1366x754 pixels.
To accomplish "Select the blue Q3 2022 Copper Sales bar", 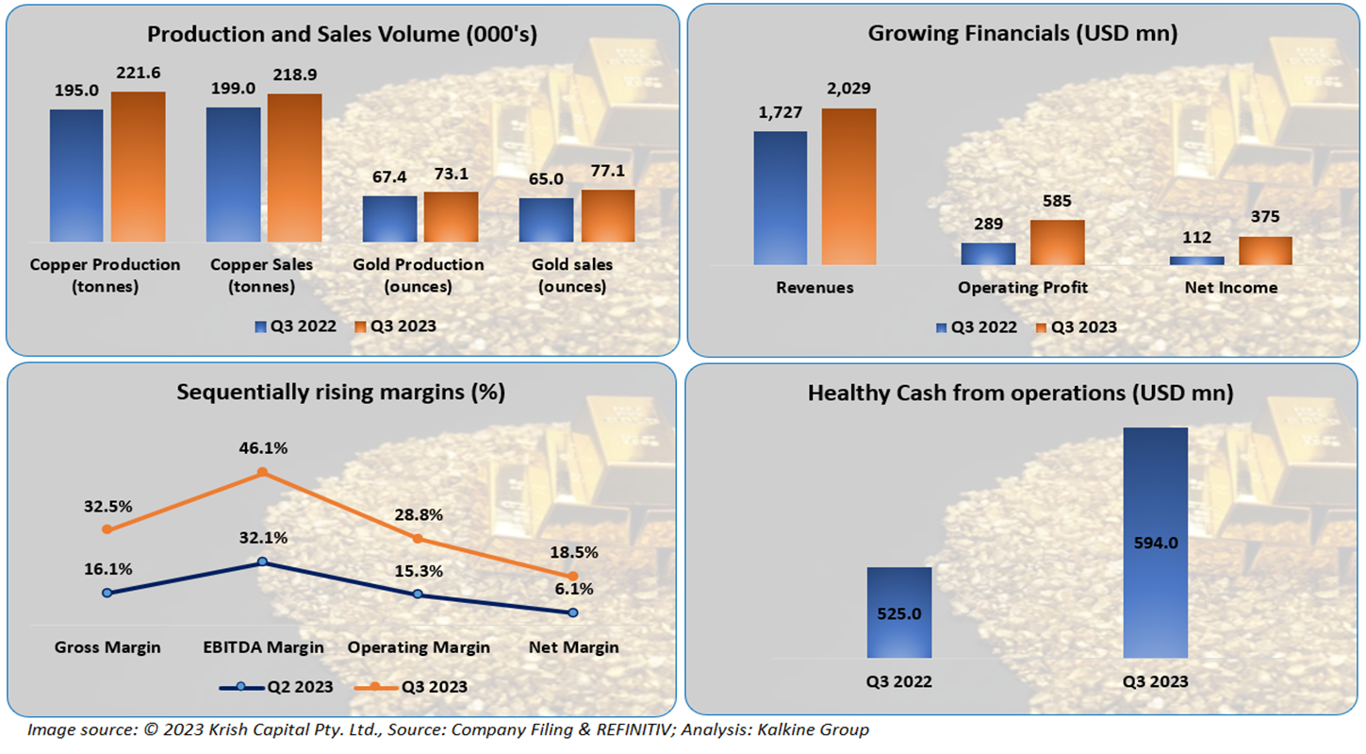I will point(234,174).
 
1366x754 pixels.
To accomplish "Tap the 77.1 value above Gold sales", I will point(607,173).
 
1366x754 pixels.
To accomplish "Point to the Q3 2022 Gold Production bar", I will point(389,219).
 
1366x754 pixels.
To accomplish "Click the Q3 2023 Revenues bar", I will point(848,186).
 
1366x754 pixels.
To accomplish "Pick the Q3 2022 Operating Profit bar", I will point(988,254).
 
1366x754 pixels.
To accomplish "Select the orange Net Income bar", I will point(1265,250).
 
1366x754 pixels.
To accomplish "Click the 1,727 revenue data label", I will point(779,112).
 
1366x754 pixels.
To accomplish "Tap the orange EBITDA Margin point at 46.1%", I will point(262,473).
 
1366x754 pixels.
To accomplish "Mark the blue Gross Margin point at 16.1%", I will point(107,593).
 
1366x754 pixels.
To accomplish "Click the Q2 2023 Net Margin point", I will point(572,612).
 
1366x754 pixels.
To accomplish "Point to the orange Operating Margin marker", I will point(418,538).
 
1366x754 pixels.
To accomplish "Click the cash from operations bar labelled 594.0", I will point(1155,542).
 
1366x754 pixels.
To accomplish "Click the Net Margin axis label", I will point(574,647).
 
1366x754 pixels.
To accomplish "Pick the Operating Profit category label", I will point(1022,287).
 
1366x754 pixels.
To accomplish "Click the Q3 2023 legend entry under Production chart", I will point(395,327).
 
